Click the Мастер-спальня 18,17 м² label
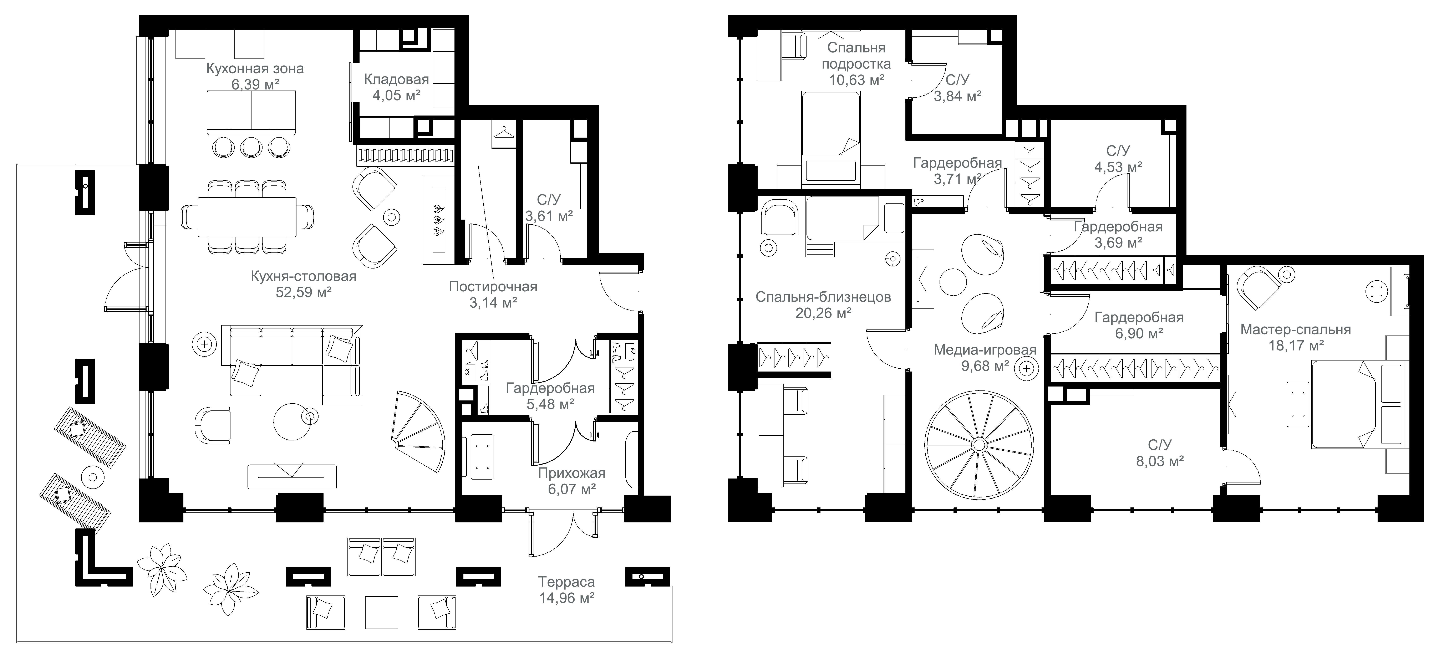pos(1295,337)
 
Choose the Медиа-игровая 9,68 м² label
pos(985,358)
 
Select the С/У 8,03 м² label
pos(1160,453)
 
